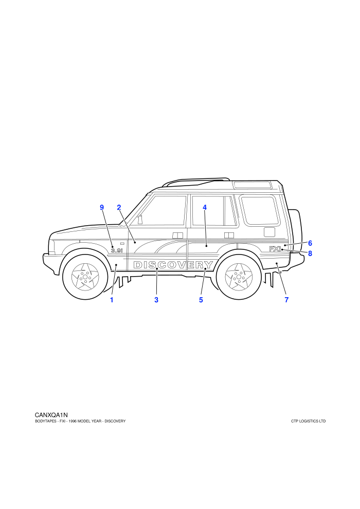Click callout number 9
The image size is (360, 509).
[x=102, y=207]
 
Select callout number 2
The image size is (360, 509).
[x=119, y=207]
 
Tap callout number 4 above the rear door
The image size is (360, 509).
[x=205, y=207]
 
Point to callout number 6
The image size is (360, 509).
[x=310, y=243]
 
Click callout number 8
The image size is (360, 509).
[x=310, y=253]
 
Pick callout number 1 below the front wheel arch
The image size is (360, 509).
[x=112, y=300]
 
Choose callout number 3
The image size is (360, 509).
[x=156, y=300]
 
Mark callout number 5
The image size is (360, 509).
[x=201, y=300]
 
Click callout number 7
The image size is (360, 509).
[x=286, y=300]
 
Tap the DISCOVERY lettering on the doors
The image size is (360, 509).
[x=173, y=265]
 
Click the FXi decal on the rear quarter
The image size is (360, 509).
[x=275, y=249]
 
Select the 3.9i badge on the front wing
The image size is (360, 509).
[x=117, y=250]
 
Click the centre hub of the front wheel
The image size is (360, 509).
[x=85, y=277]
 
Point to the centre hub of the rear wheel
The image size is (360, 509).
[x=239, y=277]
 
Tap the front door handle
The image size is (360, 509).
[x=178, y=235]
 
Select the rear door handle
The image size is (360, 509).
[x=229, y=235]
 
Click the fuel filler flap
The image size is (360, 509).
[x=269, y=232]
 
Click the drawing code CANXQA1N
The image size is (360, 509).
[x=51, y=415]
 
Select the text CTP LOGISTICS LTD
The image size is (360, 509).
[x=309, y=422]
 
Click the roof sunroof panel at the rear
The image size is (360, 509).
[x=253, y=186]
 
